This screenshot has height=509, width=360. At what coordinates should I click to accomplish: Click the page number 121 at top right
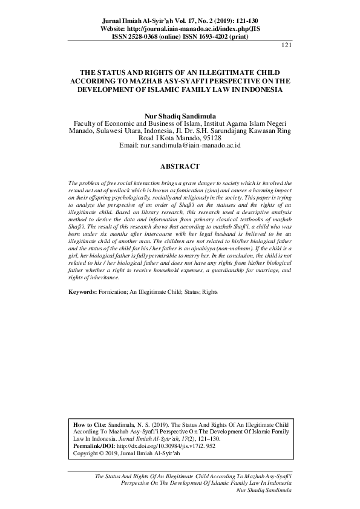tap(287, 45)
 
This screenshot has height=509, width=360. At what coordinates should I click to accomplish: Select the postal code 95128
tap(210, 137)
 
